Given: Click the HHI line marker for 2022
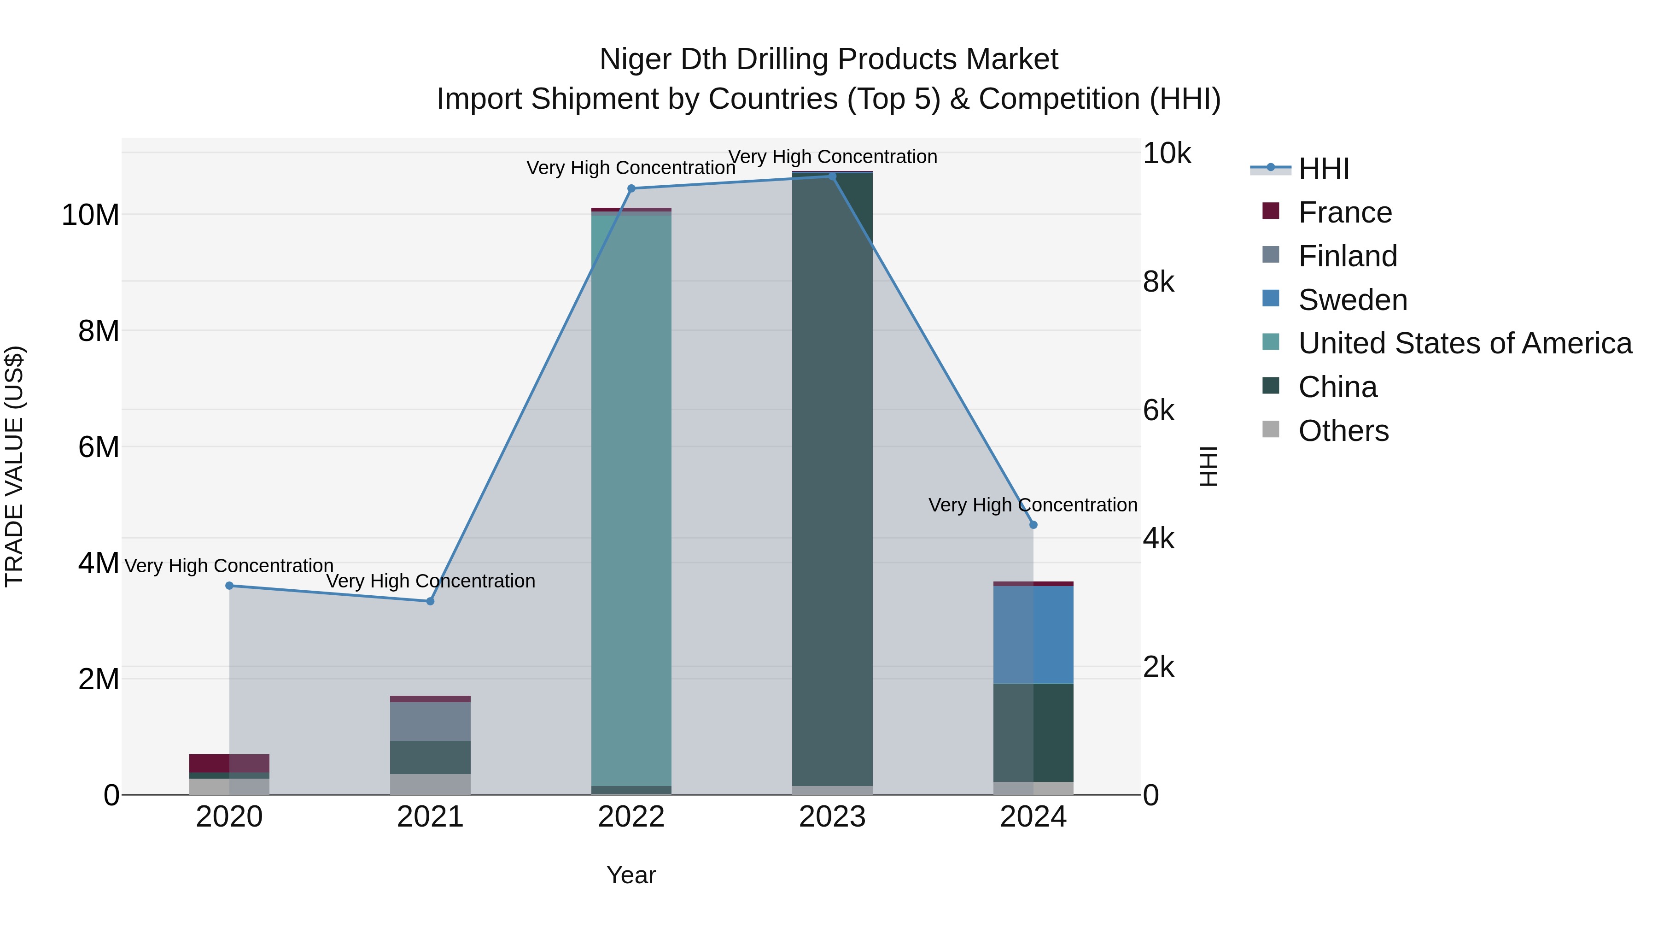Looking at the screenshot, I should click(x=631, y=188).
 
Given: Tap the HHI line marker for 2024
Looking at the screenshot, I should click(x=1033, y=525).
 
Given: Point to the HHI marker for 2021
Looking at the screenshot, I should click(x=431, y=601).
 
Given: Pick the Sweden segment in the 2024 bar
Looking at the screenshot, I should click(x=1033, y=634).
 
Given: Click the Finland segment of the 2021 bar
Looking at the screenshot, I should click(x=430, y=721).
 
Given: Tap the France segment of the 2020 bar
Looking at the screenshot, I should click(x=229, y=763).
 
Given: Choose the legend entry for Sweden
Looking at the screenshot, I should click(x=1352, y=300).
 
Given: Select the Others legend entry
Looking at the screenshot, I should click(x=1343, y=431).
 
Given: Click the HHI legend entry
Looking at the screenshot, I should click(x=1323, y=169).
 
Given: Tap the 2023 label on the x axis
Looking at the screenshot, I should click(x=832, y=817).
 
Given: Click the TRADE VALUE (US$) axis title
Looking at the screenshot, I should click(x=14, y=466).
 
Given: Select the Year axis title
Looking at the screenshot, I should click(x=631, y=875).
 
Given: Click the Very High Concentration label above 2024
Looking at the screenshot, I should click(x=1033, y=505).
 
